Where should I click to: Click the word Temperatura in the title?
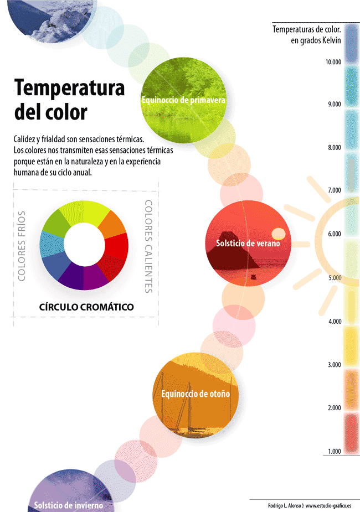coord(69,88)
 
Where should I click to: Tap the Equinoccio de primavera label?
coord(183,100)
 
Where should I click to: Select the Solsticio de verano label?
coord(248,243)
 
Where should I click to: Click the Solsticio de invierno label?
coord(68,505)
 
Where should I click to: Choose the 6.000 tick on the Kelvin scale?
coord(333,234)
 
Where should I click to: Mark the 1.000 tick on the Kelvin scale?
coord(333,452)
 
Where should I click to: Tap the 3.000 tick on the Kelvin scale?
coord(333,365)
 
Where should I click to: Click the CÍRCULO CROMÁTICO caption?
coord(86,307)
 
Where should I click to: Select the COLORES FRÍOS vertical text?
coord(22,245)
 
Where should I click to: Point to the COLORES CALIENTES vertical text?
coord(148,246)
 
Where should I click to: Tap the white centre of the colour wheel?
coord(84,245)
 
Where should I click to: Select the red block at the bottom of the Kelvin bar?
coord(351,431)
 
